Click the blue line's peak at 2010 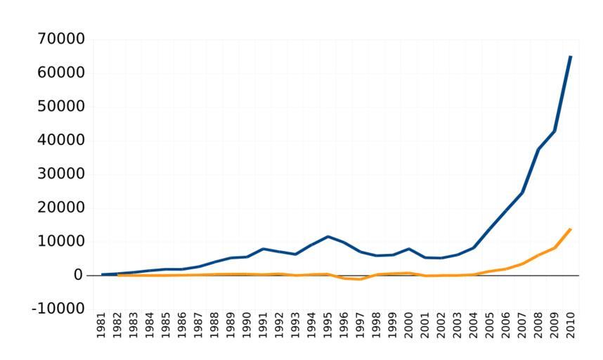click(x=570, y=56)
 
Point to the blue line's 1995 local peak click(x=328, y=236)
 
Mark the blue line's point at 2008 click(x=538, y=149)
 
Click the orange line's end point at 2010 click(x=570, y=229)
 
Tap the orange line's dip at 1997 click(x=360, y=279)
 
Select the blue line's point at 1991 click(x=263, y=248)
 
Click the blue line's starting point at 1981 click(x=102, y=274)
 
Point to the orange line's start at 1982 click(x=118, y=275)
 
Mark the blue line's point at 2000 click(x=408, y=248)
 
